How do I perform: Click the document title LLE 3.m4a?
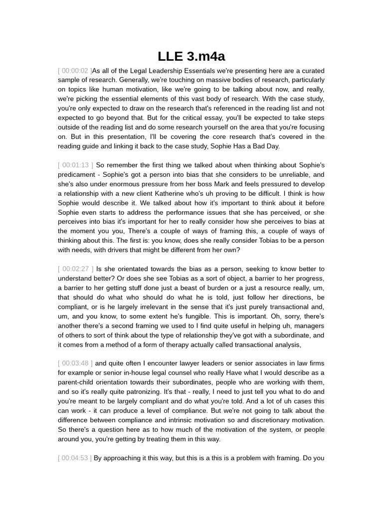click(191, 56)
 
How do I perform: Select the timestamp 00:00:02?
click(75, 71)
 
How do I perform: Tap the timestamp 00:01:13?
click(76, 165)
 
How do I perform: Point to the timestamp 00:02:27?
click(76, 269)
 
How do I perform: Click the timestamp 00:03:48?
click(75, 364)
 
